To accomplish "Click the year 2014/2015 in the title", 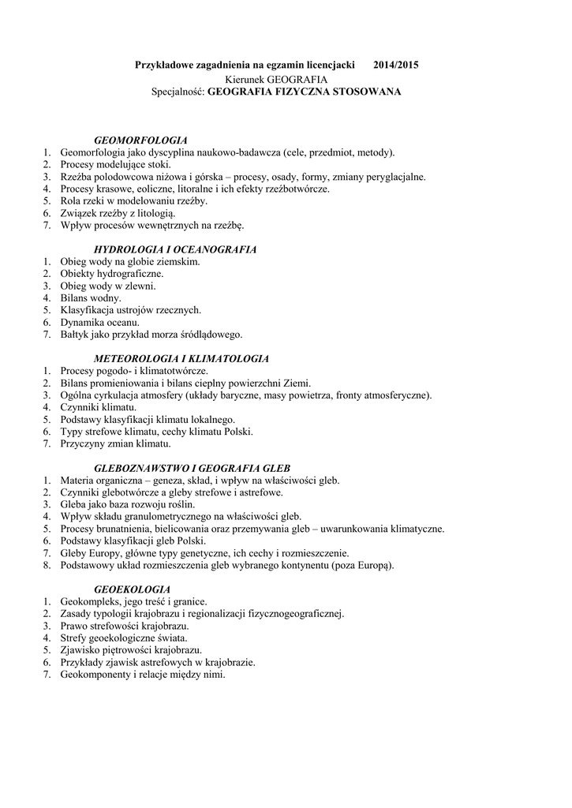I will (x=396, y=65).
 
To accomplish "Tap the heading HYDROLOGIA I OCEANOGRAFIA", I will (x=175, y=249).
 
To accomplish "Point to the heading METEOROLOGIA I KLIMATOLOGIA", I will (x=181, y=358).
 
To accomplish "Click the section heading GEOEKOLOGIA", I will (x=132, y=589).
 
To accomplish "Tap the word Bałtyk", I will (x=75, y=335).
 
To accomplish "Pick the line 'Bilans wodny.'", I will (x=91, y=298).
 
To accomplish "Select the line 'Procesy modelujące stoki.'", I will (x=115, y=164).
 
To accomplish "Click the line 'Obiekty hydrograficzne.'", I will (x=112, y=274).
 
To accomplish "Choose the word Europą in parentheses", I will (x=374, y=565).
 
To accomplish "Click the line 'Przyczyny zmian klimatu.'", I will (x=115, y=443).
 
